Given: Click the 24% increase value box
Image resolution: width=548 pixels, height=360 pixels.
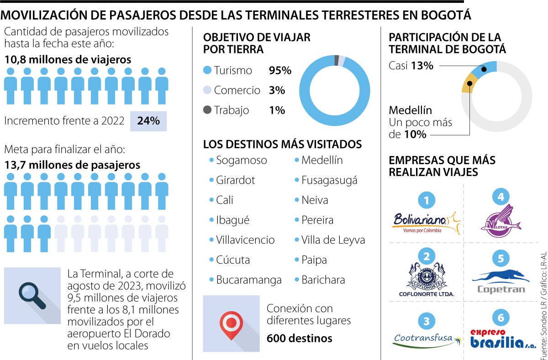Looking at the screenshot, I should [x=148, y=121].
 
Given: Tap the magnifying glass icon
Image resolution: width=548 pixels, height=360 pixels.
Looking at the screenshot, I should [x=32, y=295].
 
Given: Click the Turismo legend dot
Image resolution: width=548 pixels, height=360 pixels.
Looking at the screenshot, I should [x=208, y=70].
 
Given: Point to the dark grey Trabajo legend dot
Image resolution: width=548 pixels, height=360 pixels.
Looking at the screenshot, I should [x=208, y=110].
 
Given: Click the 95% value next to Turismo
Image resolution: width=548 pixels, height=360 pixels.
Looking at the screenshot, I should [x=280, y=70].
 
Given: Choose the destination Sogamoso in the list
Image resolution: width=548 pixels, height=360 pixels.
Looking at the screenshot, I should [x=241, y=160].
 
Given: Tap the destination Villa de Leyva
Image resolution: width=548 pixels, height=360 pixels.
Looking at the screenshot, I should [x=333, y=240].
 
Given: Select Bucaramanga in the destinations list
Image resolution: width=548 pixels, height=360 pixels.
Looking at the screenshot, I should [x=248, y=280].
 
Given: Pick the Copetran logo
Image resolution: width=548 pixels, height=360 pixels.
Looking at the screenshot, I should [x=501, y=282].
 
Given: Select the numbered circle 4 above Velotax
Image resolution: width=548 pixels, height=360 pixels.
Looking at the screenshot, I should [x=501, y=197].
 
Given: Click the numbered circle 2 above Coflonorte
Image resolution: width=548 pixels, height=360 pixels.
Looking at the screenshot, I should [x=427, y=256].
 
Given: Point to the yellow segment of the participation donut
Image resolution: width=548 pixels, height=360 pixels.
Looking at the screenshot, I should [x=469, y=84].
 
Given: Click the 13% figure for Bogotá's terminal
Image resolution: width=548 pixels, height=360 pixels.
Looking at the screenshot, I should [x=422, y=66].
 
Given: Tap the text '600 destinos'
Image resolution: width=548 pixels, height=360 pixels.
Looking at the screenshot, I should [x=299, y=338].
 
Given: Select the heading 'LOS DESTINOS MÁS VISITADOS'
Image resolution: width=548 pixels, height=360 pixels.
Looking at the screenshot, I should [x=282, y=145].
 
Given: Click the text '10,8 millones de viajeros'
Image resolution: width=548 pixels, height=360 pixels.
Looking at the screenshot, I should [x=68, y=59].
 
